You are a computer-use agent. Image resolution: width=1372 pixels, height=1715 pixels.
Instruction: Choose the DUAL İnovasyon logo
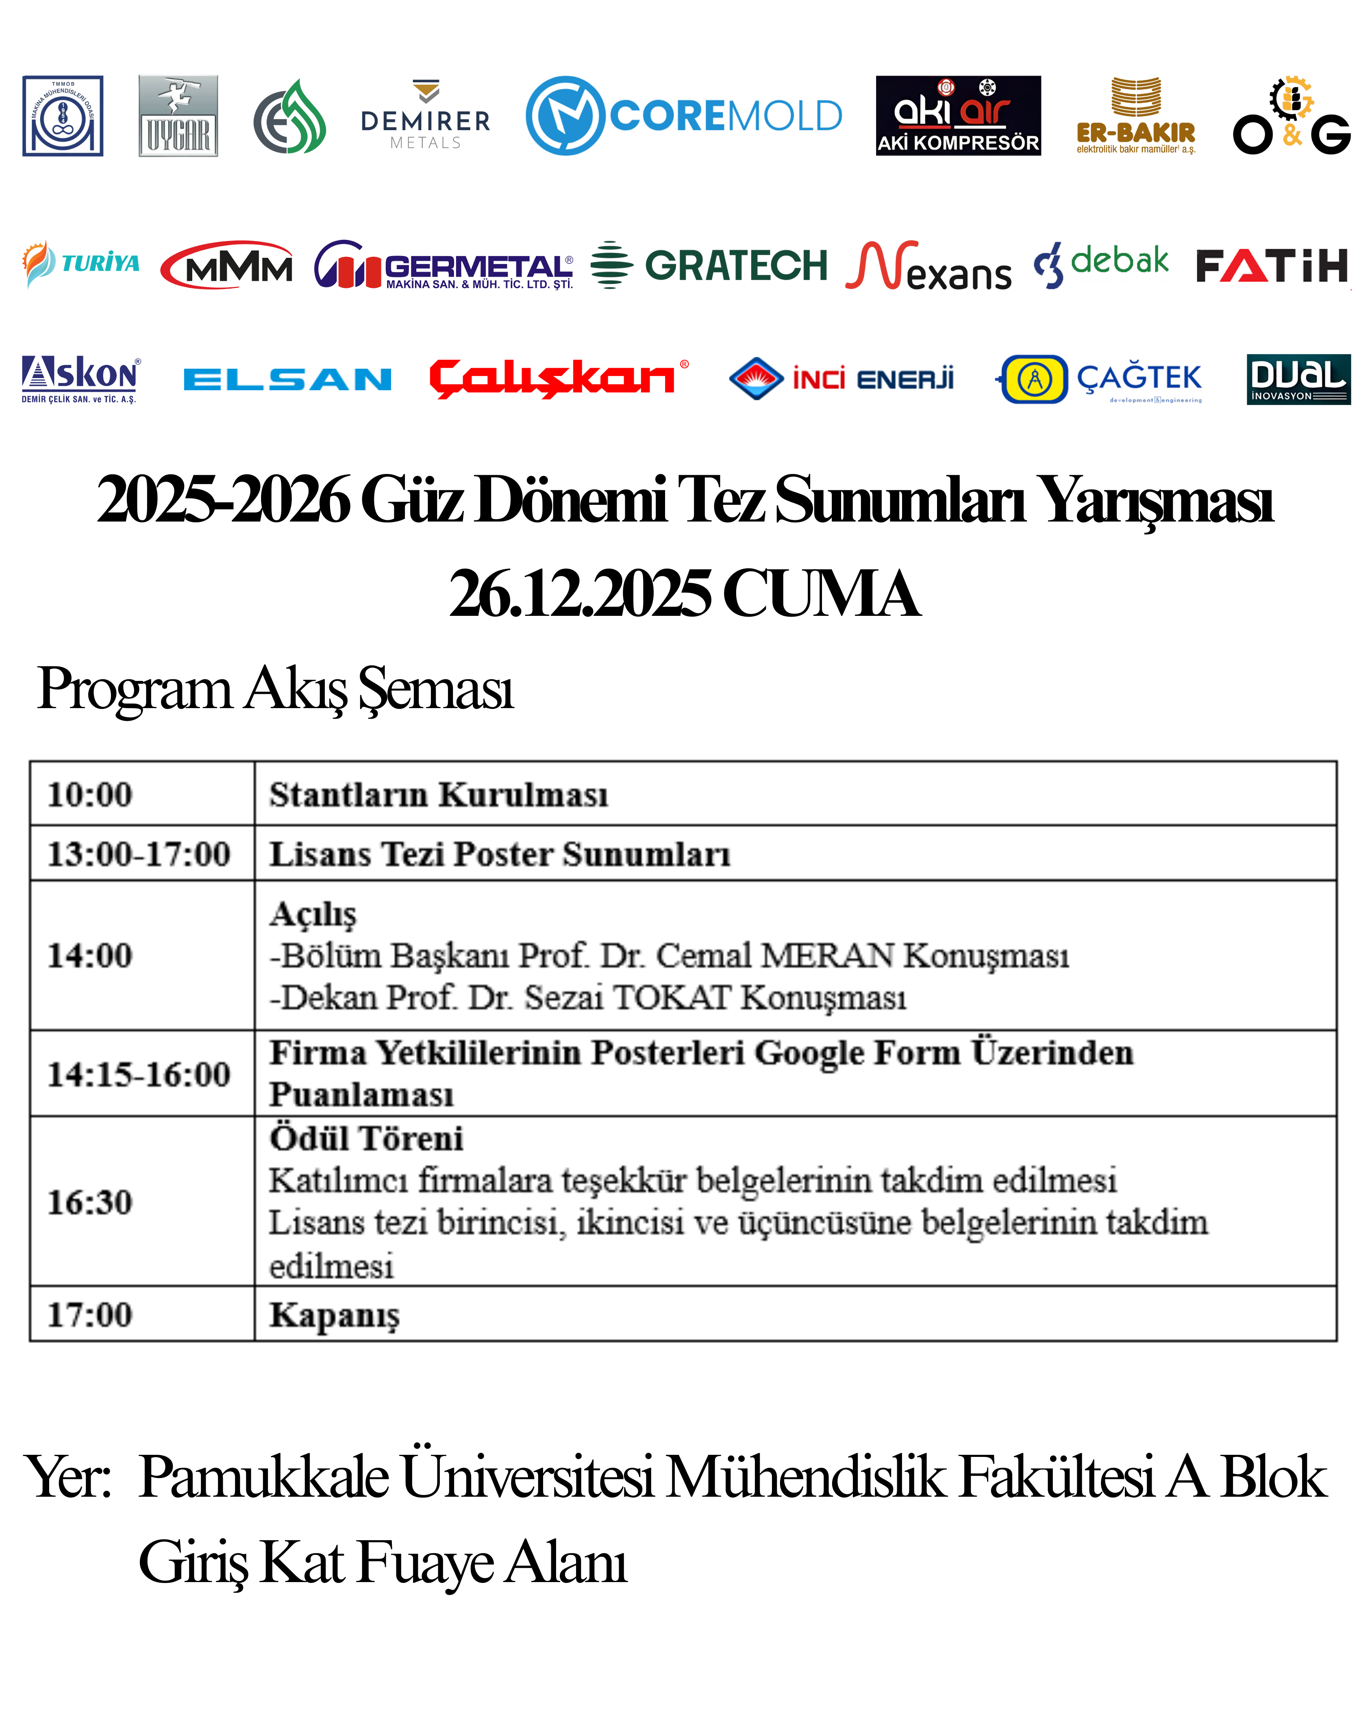pos(1298,379)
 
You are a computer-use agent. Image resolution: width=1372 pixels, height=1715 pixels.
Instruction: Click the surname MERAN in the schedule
pos(827,955)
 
